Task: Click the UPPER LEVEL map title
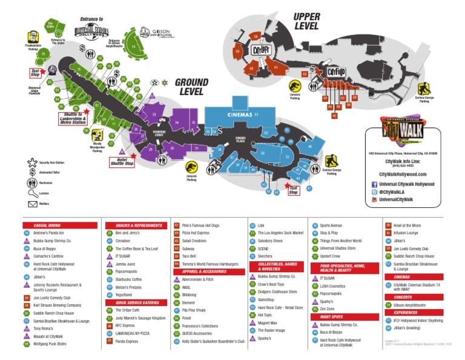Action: (306, 21)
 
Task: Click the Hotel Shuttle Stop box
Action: (121, 162)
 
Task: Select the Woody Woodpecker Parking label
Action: (97, 147)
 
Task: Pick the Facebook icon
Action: (375, 184)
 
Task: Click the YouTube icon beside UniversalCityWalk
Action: (375, 199)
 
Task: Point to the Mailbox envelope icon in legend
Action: (32, 204)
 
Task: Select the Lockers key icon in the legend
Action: (32, 193)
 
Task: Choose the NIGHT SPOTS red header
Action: (340, 316)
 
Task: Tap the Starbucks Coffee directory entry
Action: (130, 279)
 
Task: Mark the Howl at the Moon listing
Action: (407, 225)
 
